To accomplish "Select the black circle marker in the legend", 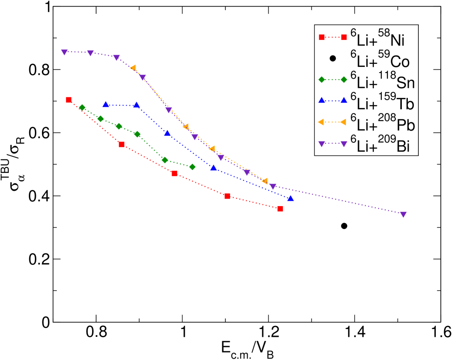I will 333,58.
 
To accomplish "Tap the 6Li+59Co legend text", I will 380,61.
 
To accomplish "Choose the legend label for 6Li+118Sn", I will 383,82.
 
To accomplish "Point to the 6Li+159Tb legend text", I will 382,103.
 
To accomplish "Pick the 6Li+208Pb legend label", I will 383,124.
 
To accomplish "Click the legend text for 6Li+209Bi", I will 380,145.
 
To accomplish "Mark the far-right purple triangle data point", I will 403,215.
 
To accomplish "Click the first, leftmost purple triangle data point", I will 64,52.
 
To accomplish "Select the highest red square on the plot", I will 69,100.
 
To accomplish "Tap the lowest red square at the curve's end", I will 280,209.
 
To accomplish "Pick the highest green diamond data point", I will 82,107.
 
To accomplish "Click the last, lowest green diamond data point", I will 192,167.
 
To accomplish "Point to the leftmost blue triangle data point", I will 105,104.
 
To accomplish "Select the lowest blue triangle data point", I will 291,198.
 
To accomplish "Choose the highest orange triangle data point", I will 133,68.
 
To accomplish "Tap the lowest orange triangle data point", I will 265,181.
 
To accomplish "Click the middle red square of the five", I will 174,173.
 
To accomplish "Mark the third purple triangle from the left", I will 117,58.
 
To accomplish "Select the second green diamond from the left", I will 100,119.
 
